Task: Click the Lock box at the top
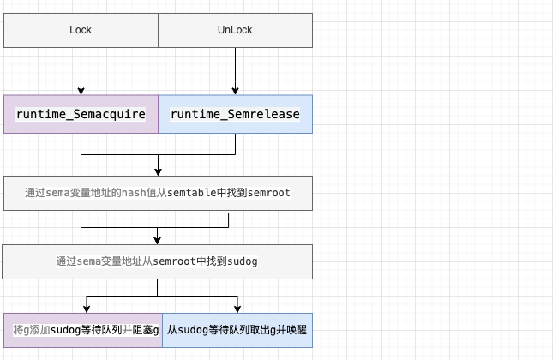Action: click(x=81, y=30)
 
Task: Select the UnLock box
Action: click(x=235, y=30)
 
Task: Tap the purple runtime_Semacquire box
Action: click(x=81, y=114)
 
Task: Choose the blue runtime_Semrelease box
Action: click(x=235, y=114)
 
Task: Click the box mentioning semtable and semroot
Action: click(x=158, y=194)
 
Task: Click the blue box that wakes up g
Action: click(x=237, y=329)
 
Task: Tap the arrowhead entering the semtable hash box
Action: click(x=158, y=171)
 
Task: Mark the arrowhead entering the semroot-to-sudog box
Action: click(x=158, y=240)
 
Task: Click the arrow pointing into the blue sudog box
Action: click(x=237, y=307)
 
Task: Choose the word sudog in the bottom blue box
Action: click(x=193, y=329)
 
